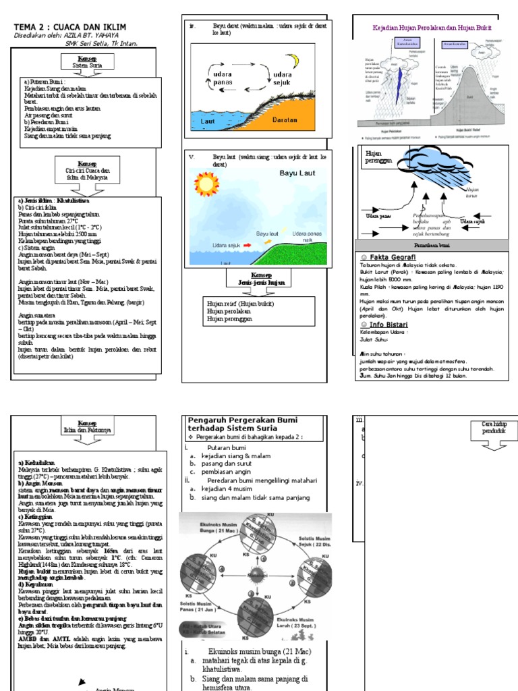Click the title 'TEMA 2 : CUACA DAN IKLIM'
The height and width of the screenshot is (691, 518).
[70, 26]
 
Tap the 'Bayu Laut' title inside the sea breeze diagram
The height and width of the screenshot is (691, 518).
[297, 173]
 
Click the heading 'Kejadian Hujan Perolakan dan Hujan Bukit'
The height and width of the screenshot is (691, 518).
[432, 28]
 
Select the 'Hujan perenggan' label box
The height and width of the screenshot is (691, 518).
[380, 159]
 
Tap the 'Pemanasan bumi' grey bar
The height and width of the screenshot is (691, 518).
[432, 246]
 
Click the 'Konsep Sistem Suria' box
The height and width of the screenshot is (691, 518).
[86, 62]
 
